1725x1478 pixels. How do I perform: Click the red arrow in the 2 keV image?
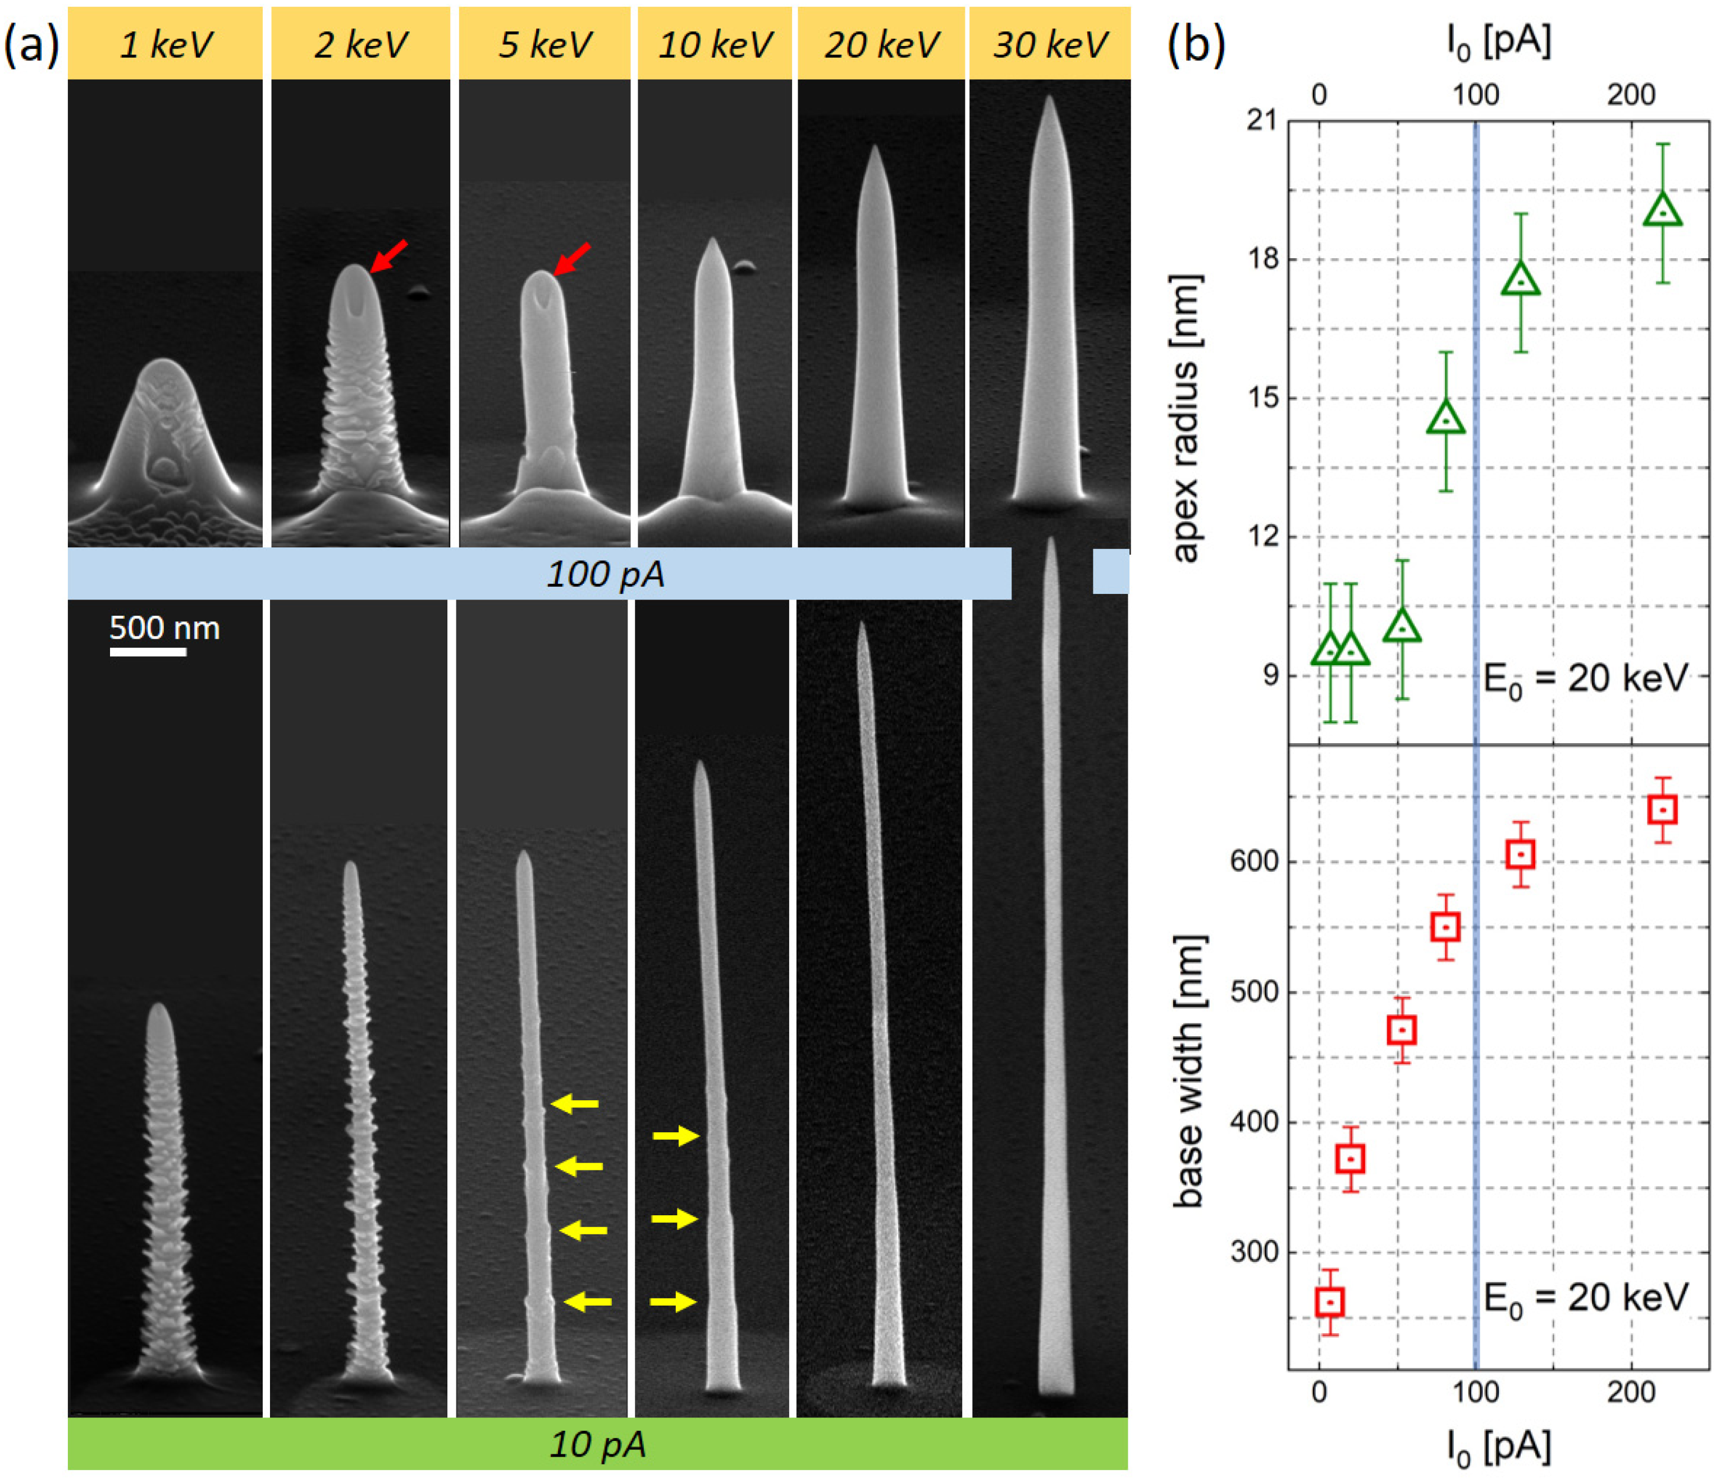click(389, 255)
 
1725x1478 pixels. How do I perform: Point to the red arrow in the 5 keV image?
click(572, 258)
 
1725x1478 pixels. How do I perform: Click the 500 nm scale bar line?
click(148, 652)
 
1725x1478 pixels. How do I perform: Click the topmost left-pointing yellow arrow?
click(574, 1104)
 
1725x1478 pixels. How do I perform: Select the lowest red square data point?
click(1330, 1302)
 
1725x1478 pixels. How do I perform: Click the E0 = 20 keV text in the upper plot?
click(1585, 679)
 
